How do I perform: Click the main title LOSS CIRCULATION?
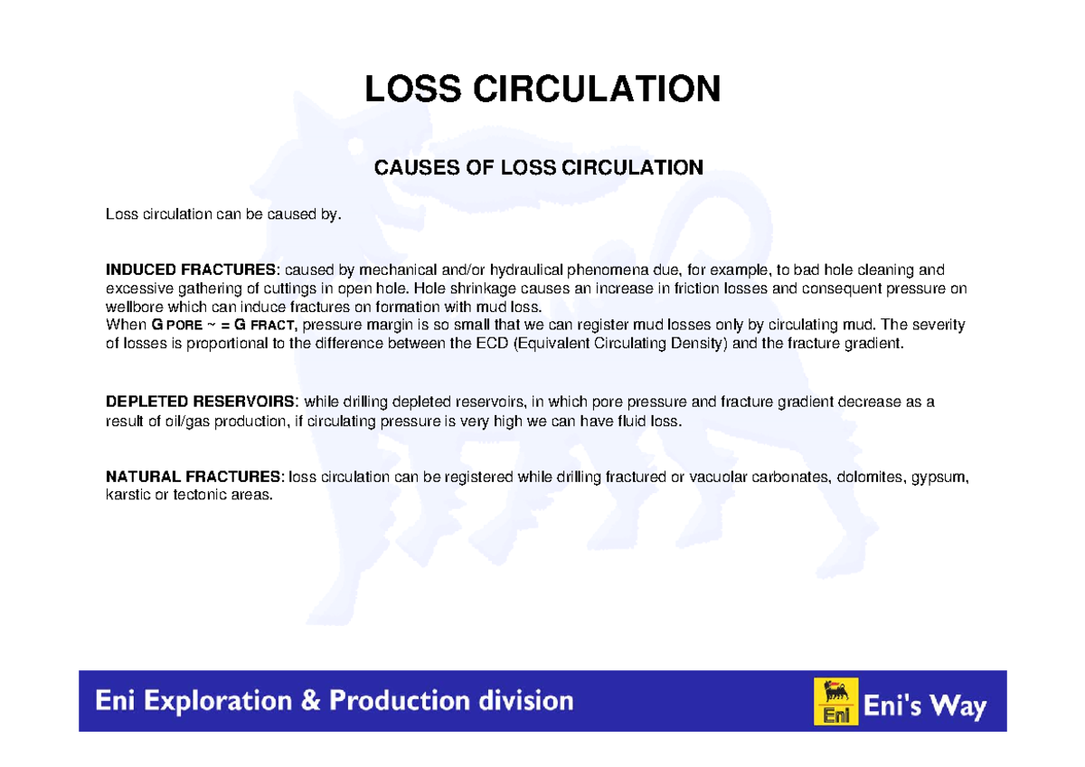pyautogui.click(x=542, y=90)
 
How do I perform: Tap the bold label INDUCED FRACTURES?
pyautogui.click(x=193, y=270)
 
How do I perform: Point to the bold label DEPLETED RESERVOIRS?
pyautogui.click(x=200, y=402)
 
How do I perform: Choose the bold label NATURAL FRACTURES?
pyautogui.click(x=193, y=477)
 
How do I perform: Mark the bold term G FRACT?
pyautogui.click(x=267, y=326)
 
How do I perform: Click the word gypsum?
pyautogui.click(x=940, y=477)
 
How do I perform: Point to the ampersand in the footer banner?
pyautogui.click(x=309, y=701)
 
